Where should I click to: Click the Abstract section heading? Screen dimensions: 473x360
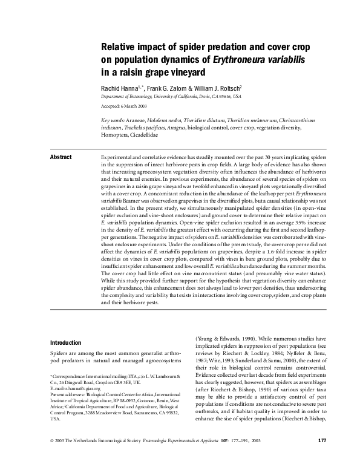[61, 157]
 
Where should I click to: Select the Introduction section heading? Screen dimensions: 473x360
[65, 342]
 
